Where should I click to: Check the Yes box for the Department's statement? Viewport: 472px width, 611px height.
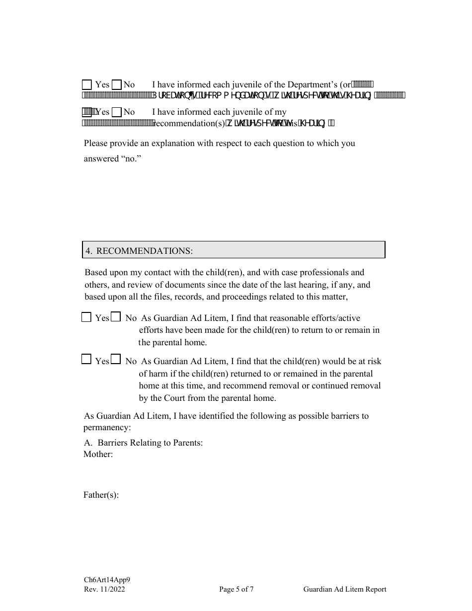(x=87, y=84)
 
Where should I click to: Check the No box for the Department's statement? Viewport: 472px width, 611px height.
(x=117, y=84)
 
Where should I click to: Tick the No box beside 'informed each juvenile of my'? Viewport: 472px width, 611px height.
(x=117, y=112)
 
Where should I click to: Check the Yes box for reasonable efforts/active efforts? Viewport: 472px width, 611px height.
(x=86, y=317)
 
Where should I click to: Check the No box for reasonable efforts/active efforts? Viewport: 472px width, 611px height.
(x=115, y=317)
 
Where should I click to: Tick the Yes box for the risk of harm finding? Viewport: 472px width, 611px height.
(x=86, y=360)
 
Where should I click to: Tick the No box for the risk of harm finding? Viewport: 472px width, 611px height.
(x=115, y=360)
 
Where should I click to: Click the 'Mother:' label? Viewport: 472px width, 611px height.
(x=98, y=454)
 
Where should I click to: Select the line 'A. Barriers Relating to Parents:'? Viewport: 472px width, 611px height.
(x=143, y=443)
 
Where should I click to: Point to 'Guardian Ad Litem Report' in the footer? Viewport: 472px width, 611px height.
(x=345, y=590)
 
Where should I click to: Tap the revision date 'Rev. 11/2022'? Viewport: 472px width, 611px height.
(x=104, y=590)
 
